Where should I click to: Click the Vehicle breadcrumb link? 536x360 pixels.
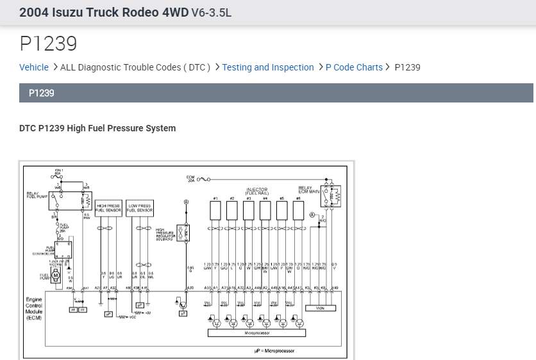tap(34, 67)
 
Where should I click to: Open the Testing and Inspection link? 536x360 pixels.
tap(268, 67)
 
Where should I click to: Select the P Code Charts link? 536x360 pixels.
tap(354, 67)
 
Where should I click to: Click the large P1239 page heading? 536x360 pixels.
tap(48, 44)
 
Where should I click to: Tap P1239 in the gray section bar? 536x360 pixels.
tap(42, 93)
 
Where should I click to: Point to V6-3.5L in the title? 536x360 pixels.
tap(211, 13)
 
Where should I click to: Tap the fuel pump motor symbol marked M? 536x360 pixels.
tap(56, 275)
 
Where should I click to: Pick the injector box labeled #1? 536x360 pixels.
tap(216, 211)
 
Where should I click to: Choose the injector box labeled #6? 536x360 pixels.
tap(297, 211)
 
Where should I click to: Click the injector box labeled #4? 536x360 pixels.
tap(265, 211)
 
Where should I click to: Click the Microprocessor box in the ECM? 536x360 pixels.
tap(256, 333)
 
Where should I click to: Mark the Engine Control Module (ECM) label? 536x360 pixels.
tap(34, 308)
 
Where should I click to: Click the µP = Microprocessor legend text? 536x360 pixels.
tap(274, 351)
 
